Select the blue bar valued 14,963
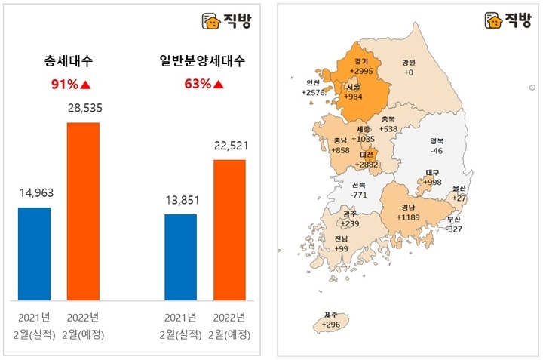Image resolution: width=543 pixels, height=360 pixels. tap(34, 253)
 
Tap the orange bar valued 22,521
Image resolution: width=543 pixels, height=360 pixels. tap(229, 229)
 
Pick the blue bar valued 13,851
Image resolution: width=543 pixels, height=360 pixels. tap(180, 257)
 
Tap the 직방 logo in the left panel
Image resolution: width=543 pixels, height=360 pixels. tap(229, 20)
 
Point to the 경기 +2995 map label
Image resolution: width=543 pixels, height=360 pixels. tap(361, 66)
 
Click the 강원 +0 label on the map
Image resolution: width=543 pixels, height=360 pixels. tap(409, 67)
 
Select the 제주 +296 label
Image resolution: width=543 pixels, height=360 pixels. tap(331, 319)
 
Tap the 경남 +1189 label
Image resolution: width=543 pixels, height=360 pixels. tap(408, 212)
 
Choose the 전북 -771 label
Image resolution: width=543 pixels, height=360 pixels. tap(358, 189)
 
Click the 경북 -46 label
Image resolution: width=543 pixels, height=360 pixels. tap(437, 146)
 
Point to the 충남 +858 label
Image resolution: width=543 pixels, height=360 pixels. tap(340, 146)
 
